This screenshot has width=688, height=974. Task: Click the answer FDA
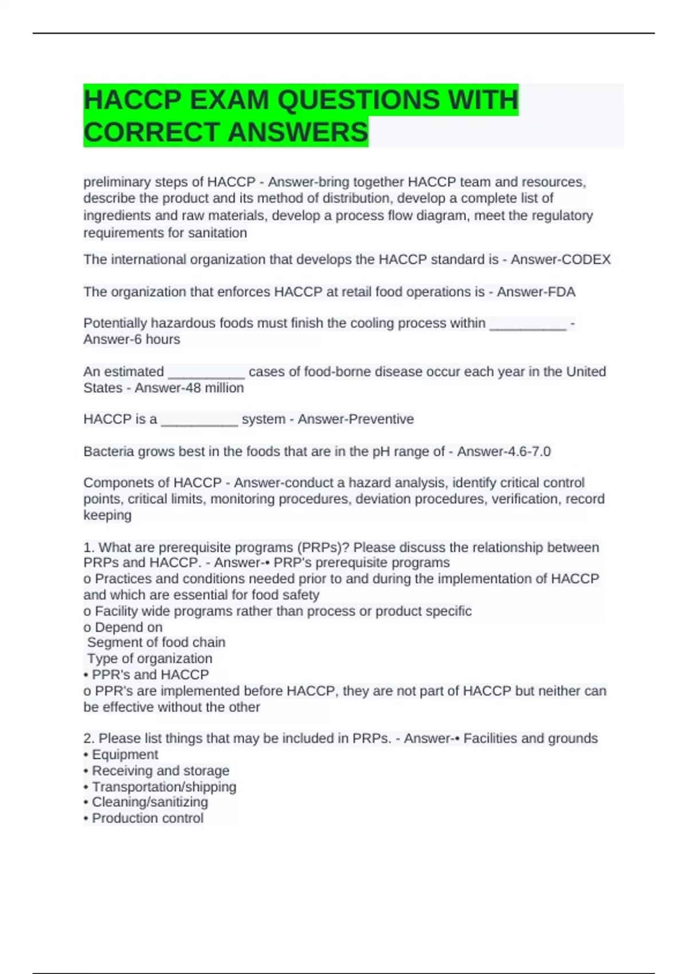coord(562,292)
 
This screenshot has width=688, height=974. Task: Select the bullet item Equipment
coord(124,755)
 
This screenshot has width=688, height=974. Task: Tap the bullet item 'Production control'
coord(147,818)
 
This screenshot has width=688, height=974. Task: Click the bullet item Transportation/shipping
coord(163,787)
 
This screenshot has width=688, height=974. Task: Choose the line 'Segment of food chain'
coord(156,642)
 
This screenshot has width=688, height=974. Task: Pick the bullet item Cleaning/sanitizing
coord(150,802)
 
